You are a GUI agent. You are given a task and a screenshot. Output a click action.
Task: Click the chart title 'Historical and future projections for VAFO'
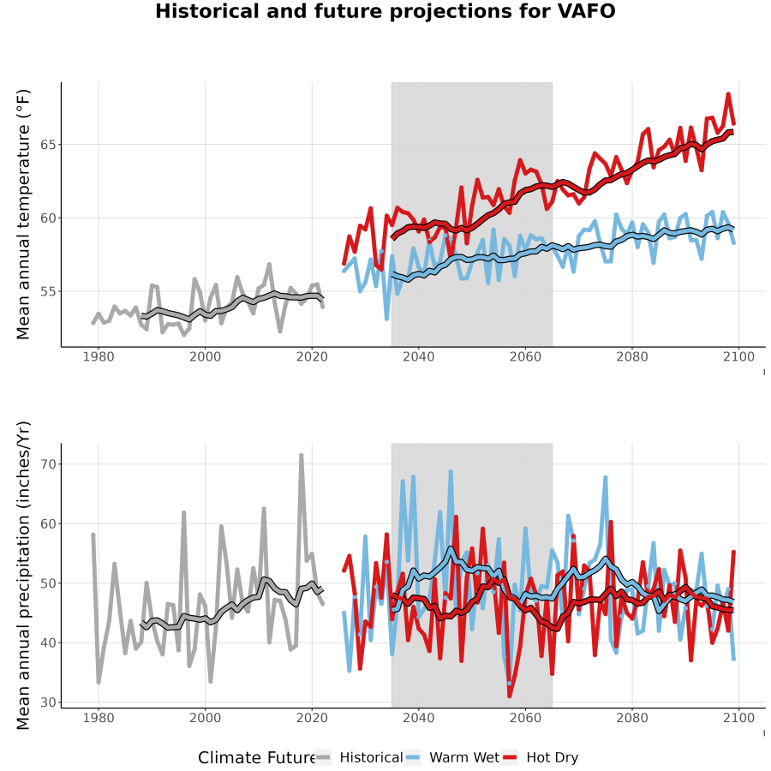click(385, 11)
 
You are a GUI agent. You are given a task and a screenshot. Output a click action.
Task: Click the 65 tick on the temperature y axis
click(48, 145)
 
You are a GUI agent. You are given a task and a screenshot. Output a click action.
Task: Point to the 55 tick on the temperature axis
click(48, 291)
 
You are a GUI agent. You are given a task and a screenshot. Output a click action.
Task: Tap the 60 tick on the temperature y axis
click(48, 218)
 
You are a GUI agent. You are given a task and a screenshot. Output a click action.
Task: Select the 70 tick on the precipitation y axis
click(48, 464)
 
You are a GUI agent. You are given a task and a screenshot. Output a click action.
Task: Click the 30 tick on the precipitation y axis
click(48, 702)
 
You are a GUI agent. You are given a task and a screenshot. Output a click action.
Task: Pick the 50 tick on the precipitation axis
click(48, 583)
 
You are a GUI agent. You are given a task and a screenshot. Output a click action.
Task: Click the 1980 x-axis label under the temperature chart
click(99, 356)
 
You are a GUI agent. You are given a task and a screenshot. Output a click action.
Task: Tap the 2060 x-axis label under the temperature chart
click(525, 356)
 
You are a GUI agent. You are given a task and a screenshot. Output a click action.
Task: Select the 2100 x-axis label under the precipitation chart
click(738, 718)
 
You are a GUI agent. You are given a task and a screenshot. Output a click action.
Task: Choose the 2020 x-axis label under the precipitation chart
click(312, 718)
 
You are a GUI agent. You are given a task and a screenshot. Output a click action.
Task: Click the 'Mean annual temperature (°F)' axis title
click(23, 214)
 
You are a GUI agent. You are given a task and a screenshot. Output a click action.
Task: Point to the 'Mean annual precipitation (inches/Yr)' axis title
click(23, 576)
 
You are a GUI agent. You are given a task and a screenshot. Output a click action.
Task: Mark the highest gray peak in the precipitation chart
click(301, 456)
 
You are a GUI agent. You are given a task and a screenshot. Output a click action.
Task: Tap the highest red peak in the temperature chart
click(728, 94)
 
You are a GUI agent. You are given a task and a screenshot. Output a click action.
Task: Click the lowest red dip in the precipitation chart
click(510, 696)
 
